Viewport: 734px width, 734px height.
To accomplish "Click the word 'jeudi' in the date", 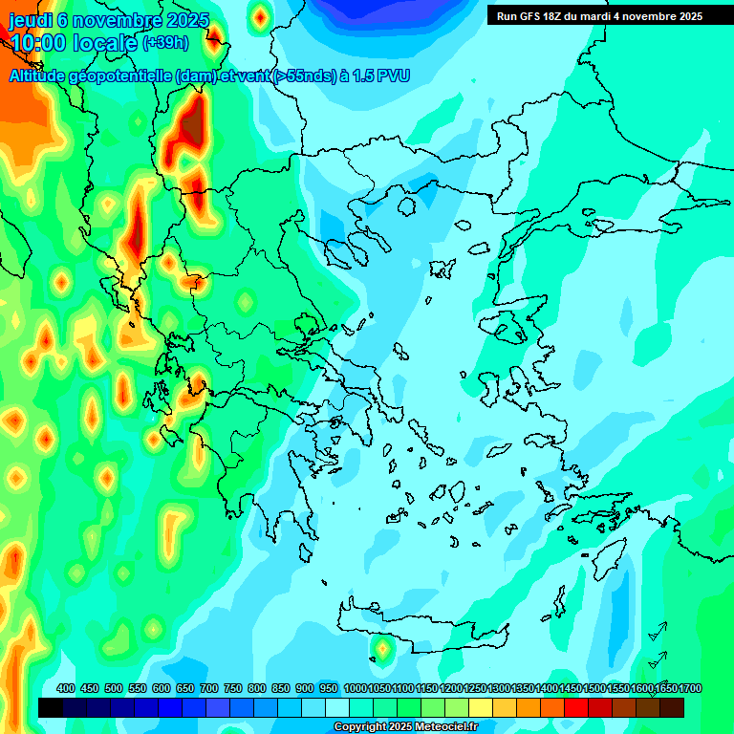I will click(30, 20).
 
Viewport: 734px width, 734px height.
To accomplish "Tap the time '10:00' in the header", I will click(38, 42).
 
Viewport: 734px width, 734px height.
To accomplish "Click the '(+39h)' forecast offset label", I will click(165, 42).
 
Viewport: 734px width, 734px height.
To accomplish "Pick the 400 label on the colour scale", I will click(65, 688).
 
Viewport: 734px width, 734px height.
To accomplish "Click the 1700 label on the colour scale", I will click(691, 688).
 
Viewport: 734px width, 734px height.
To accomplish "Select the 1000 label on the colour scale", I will click(355, 688).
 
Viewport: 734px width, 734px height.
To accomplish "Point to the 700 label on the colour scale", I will click(209, 688).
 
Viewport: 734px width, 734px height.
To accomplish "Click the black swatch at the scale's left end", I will click(51, 707).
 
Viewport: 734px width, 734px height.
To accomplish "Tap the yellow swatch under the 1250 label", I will click(481, 707).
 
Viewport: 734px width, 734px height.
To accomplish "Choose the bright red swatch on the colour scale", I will click(576, 707).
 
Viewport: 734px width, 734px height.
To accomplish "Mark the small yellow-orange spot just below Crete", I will click(382, 650).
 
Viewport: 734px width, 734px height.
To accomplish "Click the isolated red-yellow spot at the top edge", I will click(260, 15).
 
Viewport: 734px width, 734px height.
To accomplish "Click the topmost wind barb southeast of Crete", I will click(657, 632).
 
